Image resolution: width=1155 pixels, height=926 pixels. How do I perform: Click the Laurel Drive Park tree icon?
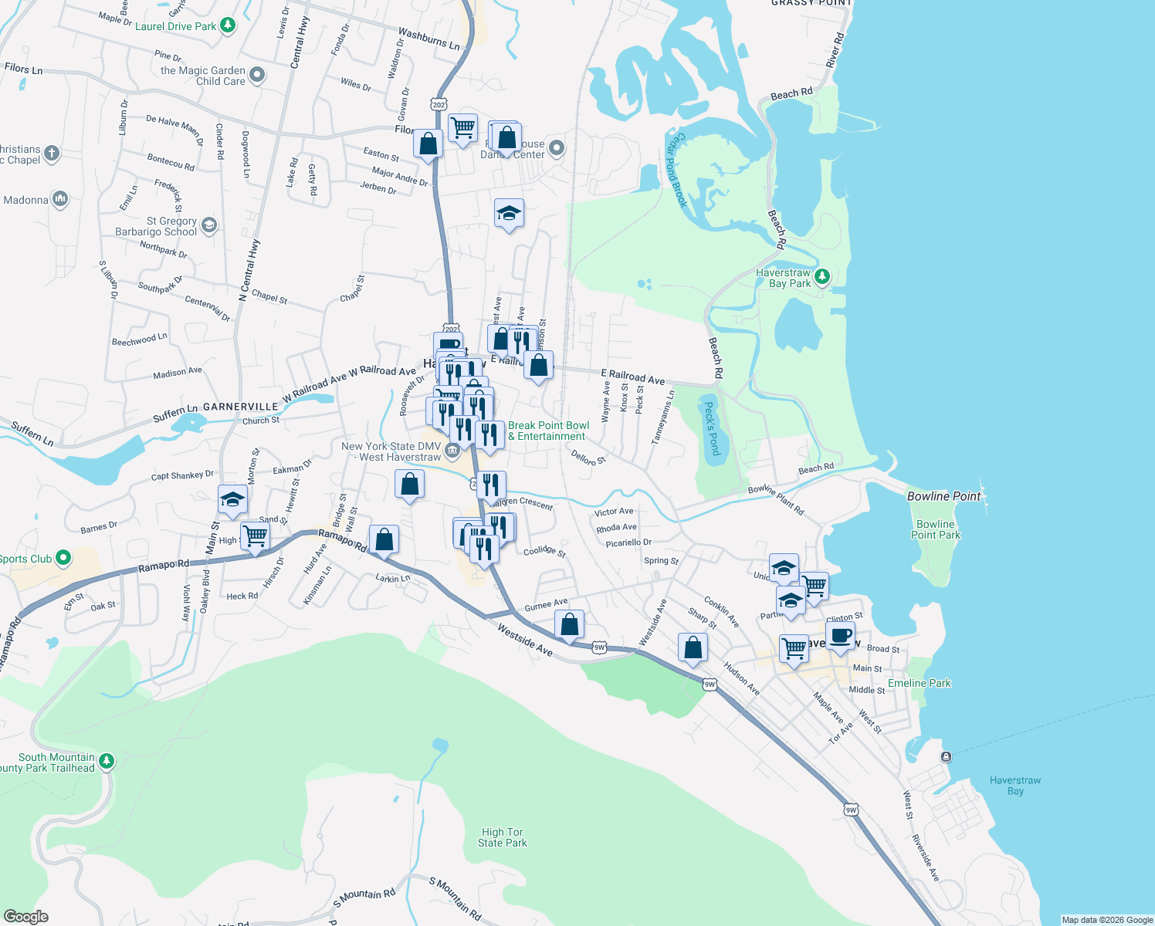(x=227, y=25)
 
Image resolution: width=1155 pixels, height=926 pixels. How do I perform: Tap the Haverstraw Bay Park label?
(x=783, y=278)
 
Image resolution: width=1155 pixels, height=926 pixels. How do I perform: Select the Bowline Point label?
(x=943, y=496)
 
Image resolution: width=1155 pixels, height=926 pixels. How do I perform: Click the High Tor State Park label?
(x=502, y=837)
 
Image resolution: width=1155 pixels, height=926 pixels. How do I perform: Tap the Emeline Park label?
(x=919, y=683)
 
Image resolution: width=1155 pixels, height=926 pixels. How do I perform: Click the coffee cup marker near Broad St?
(x=841, y=637)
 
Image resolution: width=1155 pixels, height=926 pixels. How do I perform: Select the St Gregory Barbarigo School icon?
(x=208, y=225)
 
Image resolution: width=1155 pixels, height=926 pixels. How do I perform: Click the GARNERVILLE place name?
(x=240, y=407)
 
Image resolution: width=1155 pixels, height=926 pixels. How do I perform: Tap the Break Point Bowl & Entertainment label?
(x=548, y=431)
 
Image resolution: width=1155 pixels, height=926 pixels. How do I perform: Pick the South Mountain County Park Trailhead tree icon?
(x=107, y=762)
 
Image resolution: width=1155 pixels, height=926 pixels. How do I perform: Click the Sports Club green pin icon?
(x=63, y=557)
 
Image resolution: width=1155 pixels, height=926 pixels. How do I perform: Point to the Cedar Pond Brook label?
(x=676, y=171)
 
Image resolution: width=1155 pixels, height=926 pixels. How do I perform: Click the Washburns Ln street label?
(x=428, y=39)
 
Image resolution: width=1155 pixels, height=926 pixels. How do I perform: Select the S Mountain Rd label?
(x=455, y=898)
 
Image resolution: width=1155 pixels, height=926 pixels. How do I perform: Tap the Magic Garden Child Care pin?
(x=257, y=75)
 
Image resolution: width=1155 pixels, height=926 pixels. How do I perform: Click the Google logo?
(x=26, y=917)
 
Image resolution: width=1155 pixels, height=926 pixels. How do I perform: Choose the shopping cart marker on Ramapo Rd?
(x=255, y=536)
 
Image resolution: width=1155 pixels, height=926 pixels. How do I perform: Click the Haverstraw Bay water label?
(x=1014, y=786)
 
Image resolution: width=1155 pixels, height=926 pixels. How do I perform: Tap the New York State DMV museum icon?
(x=453, y=450)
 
